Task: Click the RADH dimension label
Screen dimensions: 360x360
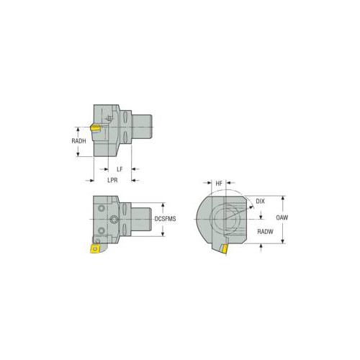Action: tap(78, 141)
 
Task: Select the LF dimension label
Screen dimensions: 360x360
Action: tap(120, 169)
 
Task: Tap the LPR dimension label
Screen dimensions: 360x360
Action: tap(112, 180)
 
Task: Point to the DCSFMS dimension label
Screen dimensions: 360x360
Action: tap(165, 219)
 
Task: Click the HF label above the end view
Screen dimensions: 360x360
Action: tap(219, 184)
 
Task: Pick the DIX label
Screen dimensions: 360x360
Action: tap(260, 201)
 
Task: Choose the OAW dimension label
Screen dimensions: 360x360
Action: tap(282, 217)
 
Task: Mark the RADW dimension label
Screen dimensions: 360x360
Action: tap(265, 232)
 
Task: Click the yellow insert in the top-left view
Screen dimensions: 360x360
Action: tap(96, 127)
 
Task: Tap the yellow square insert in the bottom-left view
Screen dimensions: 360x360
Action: tap(95, 248)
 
